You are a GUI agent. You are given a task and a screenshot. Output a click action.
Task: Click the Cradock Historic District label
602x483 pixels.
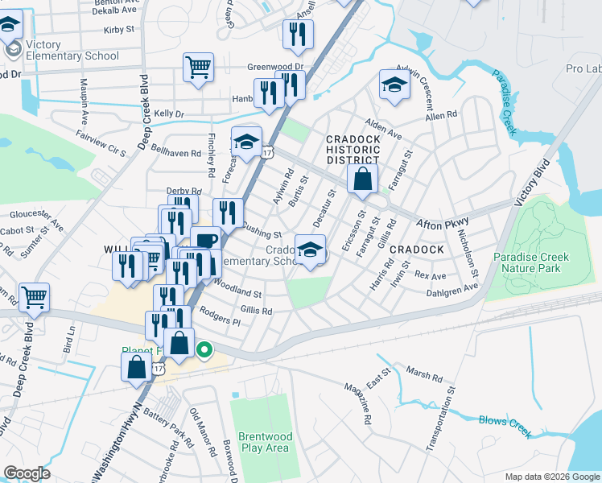[x=353, y=150]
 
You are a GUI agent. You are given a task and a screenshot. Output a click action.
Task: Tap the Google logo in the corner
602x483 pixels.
[x=27, y=473]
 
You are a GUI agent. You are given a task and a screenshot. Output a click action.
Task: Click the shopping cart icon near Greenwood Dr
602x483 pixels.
[x=198, y=68]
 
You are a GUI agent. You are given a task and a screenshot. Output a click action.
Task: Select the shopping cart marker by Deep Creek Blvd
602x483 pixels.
[x=34, y=297]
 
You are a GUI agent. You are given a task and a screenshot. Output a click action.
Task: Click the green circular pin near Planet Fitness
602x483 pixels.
[x=204, y=349]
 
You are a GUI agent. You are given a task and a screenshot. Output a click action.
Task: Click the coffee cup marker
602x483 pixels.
[x=205, y=241]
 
